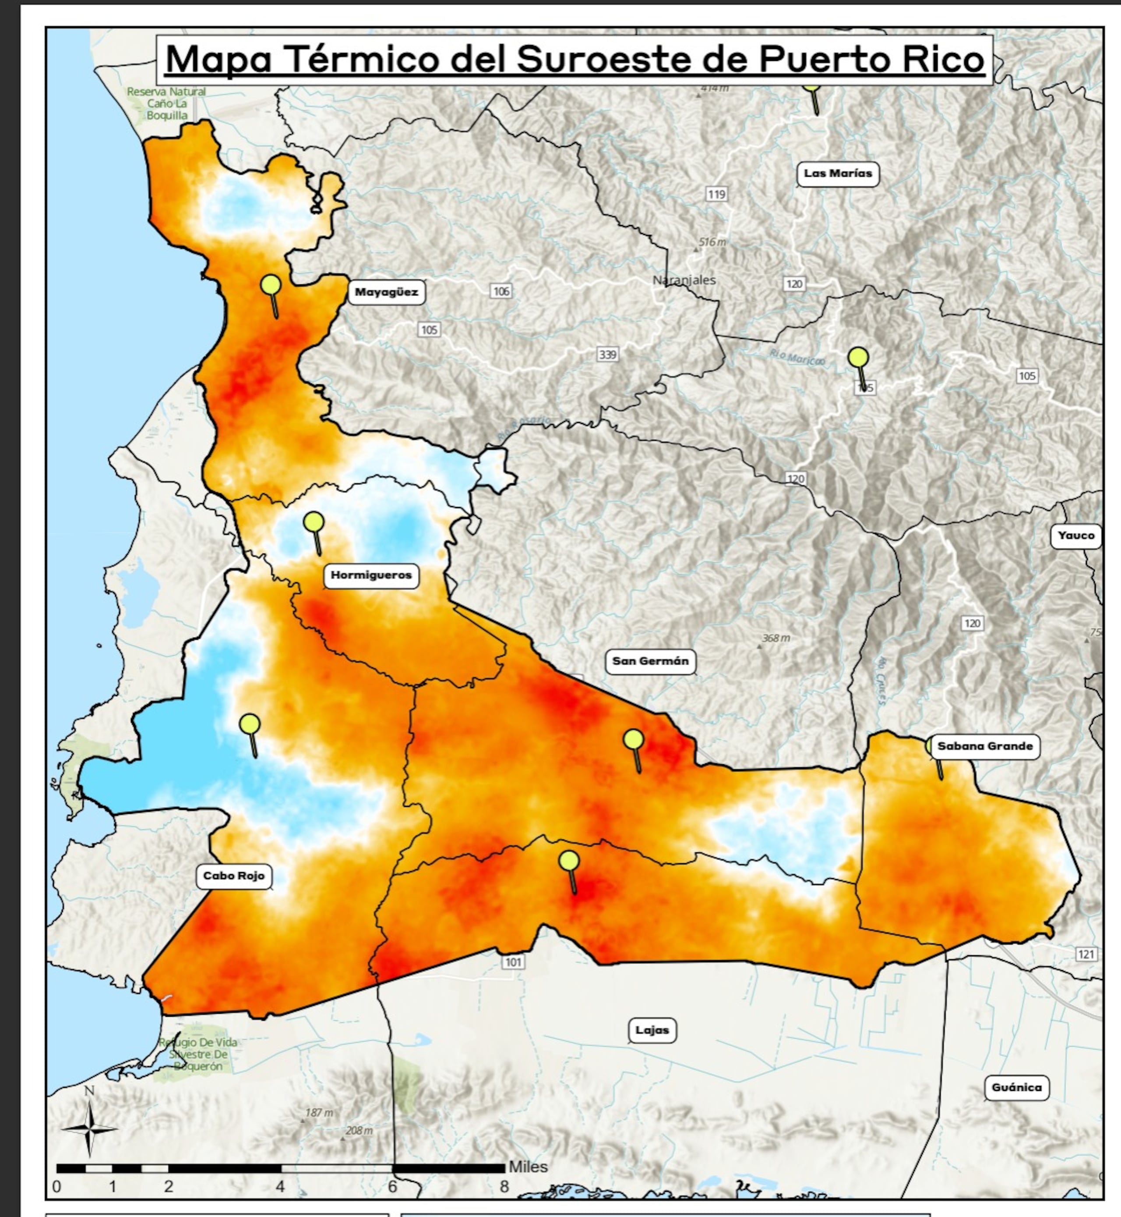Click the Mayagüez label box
pyautogui.click(x=386, y=292)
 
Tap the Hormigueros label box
pyautogui.click(x=370, y=575)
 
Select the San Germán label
pyautogui.click(x=650, y=661)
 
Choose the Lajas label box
pyautogui.click(x=652, y=1030)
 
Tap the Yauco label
pyautogui.click(x=1075, y=536)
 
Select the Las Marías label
pyautogui.click(x=838, y=174)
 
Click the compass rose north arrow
pyautogui.click(x=89, y=1128)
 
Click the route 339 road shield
pyautogui.click(x=607, y=355)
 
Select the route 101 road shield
pyautogui.click(x=513, y=962)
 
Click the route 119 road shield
pyautogui.click(x=716, y=194)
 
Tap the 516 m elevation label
pyautogui.click(x=712, y=242)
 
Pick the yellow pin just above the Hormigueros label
pyautogui.click(x=314, y=522)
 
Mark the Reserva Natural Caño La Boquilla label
pyautogui.click(x=166, y=103)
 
